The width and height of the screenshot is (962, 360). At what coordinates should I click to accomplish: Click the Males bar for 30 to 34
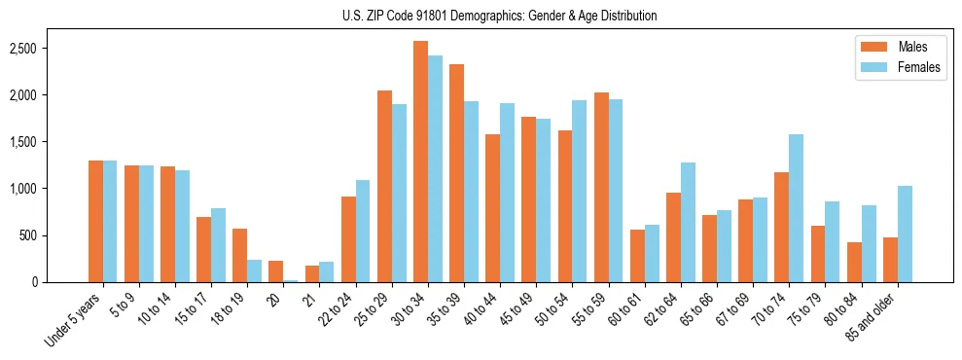[420, 162]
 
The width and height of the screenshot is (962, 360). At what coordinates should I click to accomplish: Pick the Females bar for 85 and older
[905, 234]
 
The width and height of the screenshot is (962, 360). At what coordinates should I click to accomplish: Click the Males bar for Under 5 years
[95, 221]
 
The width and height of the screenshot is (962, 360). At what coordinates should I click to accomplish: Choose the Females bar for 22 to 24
[363, 231]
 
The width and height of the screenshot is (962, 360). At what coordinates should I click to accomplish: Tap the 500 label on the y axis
[56, 235]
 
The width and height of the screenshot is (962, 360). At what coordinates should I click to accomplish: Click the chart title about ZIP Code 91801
[499, 16]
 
